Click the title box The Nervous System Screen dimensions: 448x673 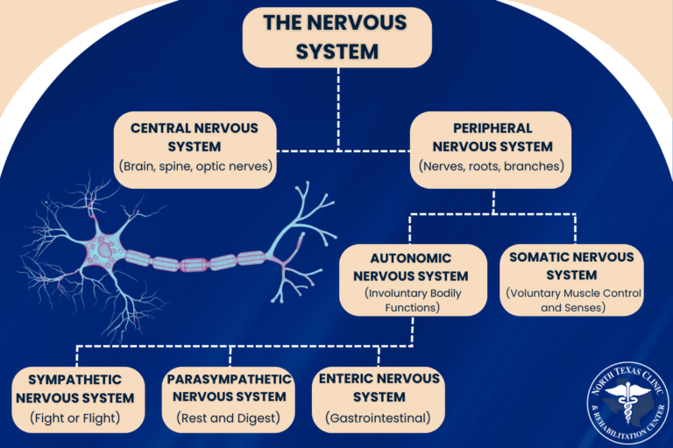point(336,38)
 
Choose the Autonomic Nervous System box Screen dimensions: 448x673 point(412,279)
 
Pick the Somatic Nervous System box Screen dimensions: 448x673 point(571,279)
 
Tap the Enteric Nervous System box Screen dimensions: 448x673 point(379,399)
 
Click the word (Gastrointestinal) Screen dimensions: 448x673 point(379,418)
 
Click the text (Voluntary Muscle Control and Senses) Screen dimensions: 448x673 point(571,300)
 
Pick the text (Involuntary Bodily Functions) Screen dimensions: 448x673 point(412,300)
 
